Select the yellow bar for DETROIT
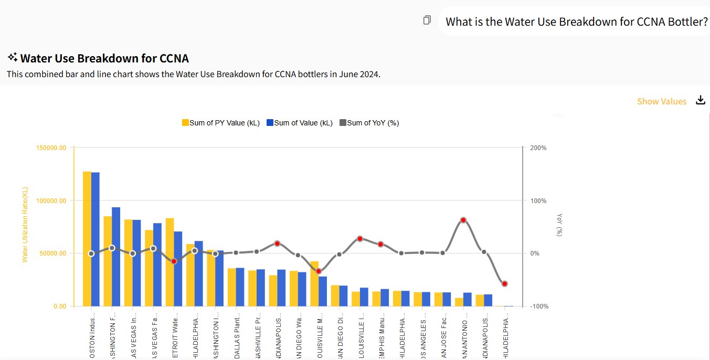[x=169, y=262]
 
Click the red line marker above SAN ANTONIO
[x=463, y=220]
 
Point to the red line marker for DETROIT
[x=174, y=261]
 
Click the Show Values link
[x=661, y=101]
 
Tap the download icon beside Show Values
[x=701, y=100]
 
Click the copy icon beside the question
[x=427, y=20]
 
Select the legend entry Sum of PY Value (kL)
[x=220, y=123]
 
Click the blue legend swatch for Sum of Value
[x=270, y=123]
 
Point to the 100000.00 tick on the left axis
[x=51, y=200]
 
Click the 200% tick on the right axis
[x=538, y=148]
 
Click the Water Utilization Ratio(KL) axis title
[x=25, y=224]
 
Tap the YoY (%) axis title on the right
[x=559, y=224]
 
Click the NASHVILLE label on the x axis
[x=257, y=336]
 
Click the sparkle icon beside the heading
[x=13, y=57]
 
